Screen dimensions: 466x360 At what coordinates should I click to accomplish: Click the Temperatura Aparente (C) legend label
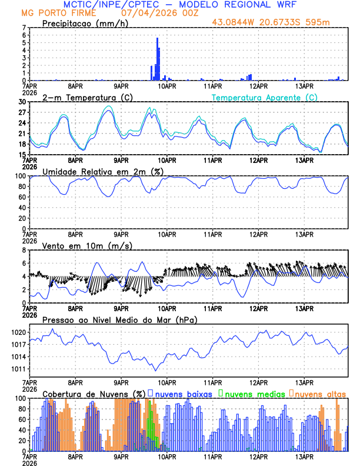265,97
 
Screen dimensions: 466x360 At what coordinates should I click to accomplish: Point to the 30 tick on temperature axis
22,102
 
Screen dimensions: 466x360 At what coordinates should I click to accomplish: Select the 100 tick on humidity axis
21,176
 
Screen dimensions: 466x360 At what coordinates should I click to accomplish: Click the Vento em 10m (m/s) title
84,245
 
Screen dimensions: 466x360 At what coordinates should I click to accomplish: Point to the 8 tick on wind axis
24,250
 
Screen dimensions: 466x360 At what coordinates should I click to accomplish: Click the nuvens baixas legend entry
183,393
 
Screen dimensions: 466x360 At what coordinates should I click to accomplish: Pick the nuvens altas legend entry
319,393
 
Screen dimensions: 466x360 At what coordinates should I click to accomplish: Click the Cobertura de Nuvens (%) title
94,394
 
